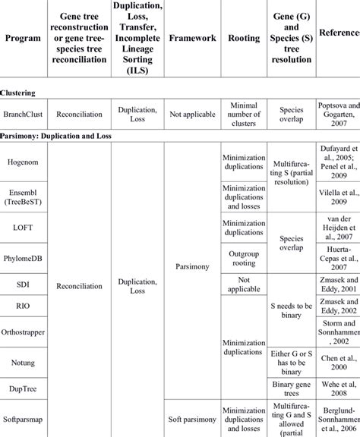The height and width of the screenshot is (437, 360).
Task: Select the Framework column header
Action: pyautogui.click(x=192, y=37)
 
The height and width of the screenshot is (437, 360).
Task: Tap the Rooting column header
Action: pyautogui.click(x=243, y=37)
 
